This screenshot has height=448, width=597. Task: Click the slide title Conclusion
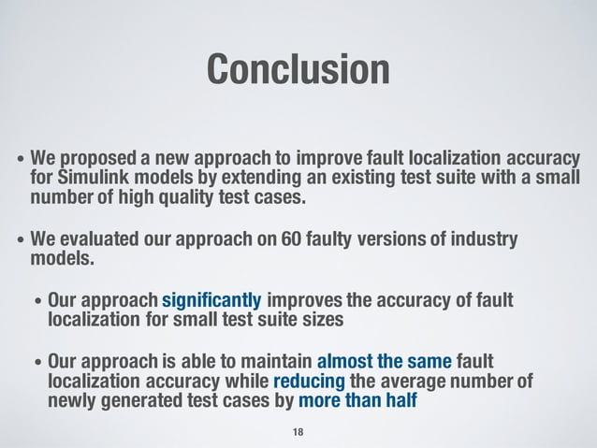(298, 70)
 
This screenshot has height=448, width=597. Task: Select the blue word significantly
(211, 301)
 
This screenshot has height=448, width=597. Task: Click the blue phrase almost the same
(385, 362)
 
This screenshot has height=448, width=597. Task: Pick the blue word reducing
(309, 383)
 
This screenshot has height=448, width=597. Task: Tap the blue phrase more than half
(357, 402)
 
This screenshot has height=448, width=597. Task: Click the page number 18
(298, 431)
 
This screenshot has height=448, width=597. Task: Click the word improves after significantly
(307, 301)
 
